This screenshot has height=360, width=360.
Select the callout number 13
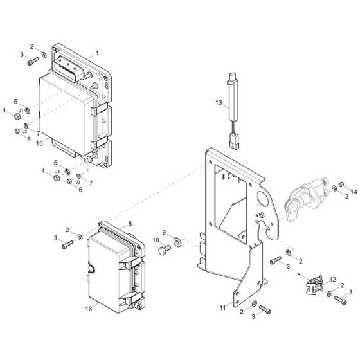[218, 103]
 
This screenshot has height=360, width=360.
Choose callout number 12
[332, 278]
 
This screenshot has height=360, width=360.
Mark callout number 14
[353, 192]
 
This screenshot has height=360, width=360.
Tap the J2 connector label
[24, 131]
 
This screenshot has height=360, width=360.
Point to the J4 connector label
[57, 172]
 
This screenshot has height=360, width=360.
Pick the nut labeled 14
[341, 185]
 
